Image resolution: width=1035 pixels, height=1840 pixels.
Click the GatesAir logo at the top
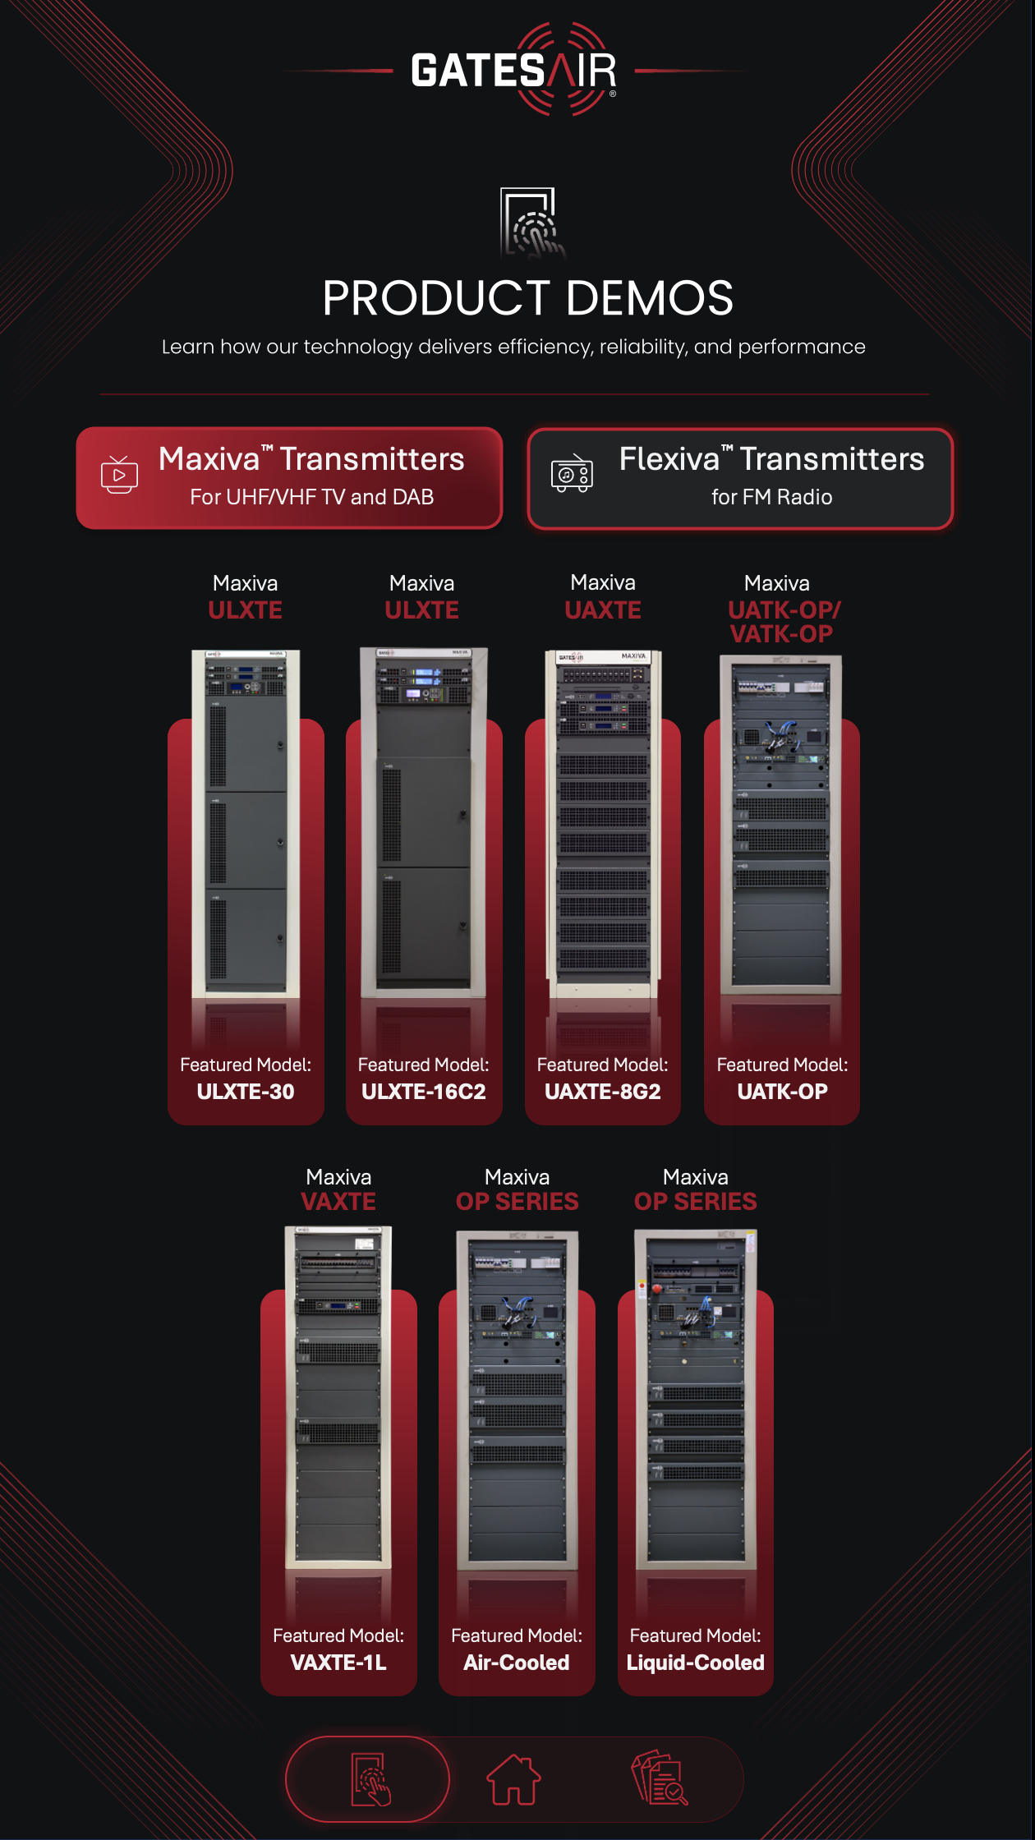514,71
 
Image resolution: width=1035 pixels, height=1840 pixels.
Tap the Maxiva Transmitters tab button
289,477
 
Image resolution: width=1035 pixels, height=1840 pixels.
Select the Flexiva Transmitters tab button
740,477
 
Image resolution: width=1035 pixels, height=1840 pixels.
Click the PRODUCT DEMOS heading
527,297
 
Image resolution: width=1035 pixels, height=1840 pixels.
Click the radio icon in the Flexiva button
572,474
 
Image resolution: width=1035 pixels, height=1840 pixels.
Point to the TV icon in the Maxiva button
119,475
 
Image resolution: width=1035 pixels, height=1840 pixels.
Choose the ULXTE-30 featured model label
246,1092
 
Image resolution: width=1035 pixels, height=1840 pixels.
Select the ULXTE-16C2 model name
424,1092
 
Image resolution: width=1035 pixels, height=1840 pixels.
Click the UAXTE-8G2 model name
603,1092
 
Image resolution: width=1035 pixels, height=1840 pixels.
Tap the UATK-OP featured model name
782,1092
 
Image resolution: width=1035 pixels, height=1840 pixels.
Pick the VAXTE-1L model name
338,1663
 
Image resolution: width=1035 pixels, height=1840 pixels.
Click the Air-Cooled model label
517,1663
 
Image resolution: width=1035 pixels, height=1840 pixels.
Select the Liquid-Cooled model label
696,1663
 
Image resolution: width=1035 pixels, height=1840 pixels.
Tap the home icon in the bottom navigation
514,1779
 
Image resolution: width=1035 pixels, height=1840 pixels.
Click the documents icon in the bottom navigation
660,1779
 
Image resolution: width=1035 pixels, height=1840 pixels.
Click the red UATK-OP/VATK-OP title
783,622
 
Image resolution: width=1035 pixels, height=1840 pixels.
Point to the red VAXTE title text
338,1202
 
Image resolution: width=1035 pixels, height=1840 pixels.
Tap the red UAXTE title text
603,610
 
